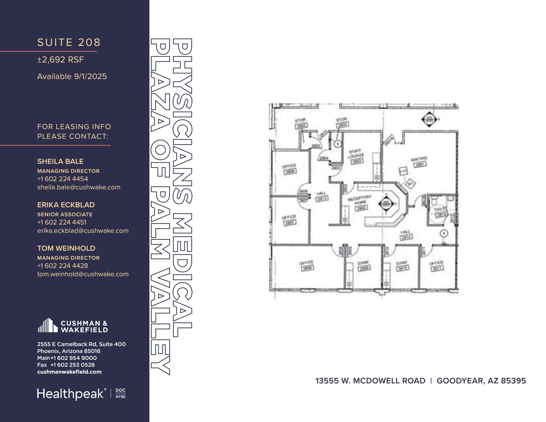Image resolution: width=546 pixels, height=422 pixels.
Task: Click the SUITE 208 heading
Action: (69, 43)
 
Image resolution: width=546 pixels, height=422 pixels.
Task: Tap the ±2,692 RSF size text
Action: (61, 60)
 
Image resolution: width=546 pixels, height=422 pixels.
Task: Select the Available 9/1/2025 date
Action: (72, 77)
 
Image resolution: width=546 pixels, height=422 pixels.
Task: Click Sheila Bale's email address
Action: (79, 187)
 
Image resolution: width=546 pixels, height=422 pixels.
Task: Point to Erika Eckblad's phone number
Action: (62, 222)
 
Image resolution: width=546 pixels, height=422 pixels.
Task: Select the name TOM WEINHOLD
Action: (66, 248)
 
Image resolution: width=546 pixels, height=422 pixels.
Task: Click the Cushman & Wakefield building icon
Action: (48, 325)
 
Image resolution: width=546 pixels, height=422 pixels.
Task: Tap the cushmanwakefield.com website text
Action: (69, 372)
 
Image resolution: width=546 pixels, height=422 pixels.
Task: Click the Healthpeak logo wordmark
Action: (70, 394)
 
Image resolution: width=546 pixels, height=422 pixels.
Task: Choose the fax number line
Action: (66, 365)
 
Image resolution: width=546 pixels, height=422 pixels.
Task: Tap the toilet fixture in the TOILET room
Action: (435, 200)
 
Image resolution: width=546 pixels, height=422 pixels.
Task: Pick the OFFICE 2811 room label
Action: (436, 266)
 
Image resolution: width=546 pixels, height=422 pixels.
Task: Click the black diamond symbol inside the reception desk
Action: (386, 204)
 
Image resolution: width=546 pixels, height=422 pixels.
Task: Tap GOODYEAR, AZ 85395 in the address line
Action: (481, 381)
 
